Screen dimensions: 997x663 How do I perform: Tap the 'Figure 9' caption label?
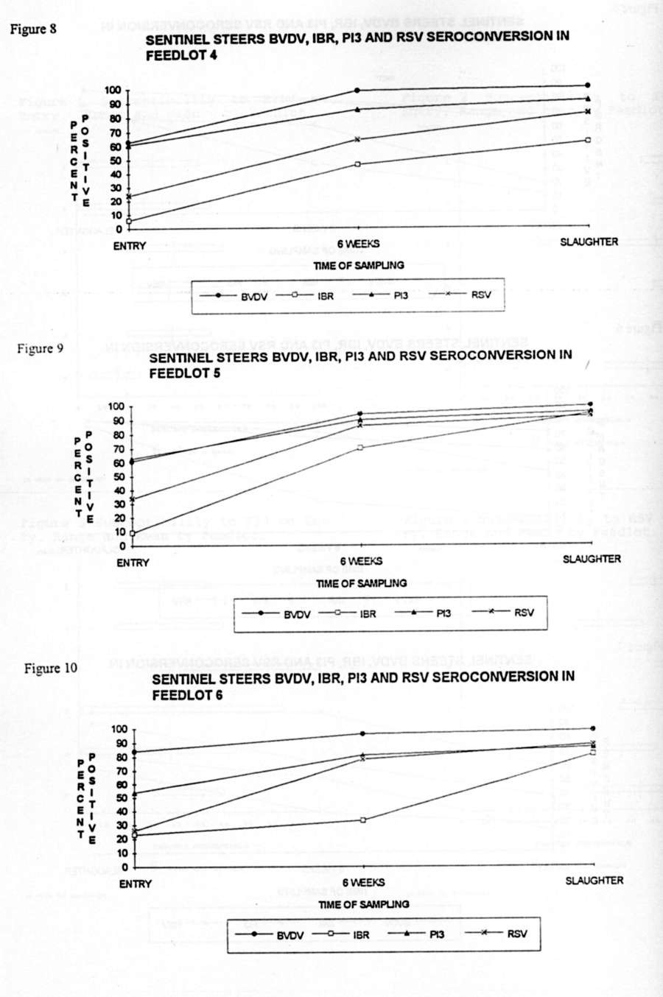(35, 348)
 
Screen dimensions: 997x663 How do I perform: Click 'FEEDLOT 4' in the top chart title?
(180, 54)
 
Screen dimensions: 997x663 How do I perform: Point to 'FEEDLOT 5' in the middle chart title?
(185, 373)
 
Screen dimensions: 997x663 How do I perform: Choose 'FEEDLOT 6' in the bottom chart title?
(188, 694)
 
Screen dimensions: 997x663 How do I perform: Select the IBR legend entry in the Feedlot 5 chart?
(347, 613)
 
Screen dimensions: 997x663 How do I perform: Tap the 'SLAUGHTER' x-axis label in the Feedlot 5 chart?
(592, 559)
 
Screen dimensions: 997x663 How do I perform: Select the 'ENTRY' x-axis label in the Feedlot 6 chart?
(136, 884)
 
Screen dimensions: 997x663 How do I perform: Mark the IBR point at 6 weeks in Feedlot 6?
(363, 820)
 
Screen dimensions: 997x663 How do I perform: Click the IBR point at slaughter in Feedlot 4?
(587, 140)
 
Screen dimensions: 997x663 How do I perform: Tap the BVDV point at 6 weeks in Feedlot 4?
(357, 91)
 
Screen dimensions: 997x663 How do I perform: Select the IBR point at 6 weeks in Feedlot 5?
(359, 448)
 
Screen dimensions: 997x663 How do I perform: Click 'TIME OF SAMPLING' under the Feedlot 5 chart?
(361, 583)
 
